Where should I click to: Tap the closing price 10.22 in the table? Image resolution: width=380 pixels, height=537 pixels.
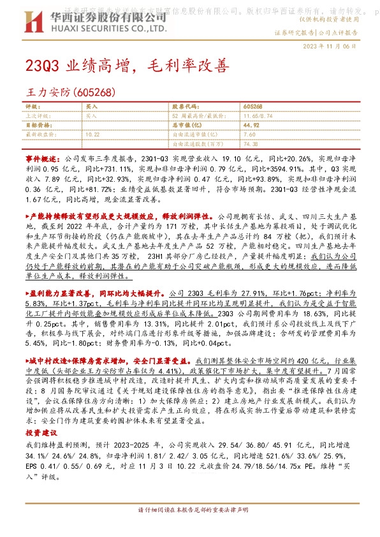[92, 135]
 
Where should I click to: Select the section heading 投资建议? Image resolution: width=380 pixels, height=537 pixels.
[40, 431]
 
